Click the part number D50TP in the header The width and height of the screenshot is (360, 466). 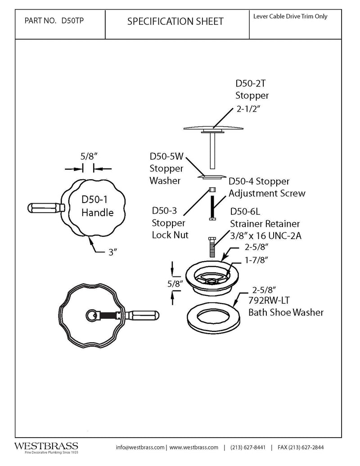(x=72, y=21)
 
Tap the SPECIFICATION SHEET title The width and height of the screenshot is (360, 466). (x=175, y=22)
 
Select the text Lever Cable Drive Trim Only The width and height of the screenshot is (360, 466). (x=290, y=16)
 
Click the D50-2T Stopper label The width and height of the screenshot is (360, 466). (x=252, y=89)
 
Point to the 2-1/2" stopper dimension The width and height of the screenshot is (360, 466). (x=248, y=109)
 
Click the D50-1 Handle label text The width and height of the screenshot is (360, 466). (x=98, y=206)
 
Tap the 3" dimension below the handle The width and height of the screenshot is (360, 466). (x=112, y=252)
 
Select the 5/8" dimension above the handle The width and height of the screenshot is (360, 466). (x=89, y=156)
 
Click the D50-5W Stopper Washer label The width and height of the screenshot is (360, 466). (x=166, y=168)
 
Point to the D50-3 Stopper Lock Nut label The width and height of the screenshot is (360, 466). (x=170, y=222)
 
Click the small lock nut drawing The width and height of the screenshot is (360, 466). (x=212, y=190)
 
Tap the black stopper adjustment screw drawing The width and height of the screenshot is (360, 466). (x=212, y=208)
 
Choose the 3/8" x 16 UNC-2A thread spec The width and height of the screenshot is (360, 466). (x=265, y=235)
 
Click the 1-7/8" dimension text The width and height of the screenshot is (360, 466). (x=256, y=260)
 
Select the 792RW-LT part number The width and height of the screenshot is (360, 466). (x=269, y=300)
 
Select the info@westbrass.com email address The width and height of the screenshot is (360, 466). (x=140, y=447)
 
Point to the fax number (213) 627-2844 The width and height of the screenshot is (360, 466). (x=301, y=447)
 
